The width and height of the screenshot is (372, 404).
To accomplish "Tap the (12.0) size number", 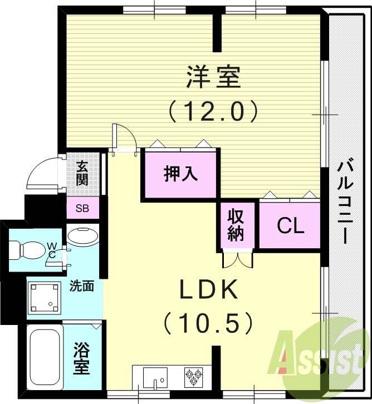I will [x=213, y=111].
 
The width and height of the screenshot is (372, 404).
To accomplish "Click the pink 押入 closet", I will [x=180, y=173].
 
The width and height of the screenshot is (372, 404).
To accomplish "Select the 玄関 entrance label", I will [x=83, y=173].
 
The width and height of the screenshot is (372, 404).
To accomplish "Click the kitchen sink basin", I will [x=153, y=378].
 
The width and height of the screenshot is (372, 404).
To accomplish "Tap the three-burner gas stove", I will [x=193, y=377].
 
